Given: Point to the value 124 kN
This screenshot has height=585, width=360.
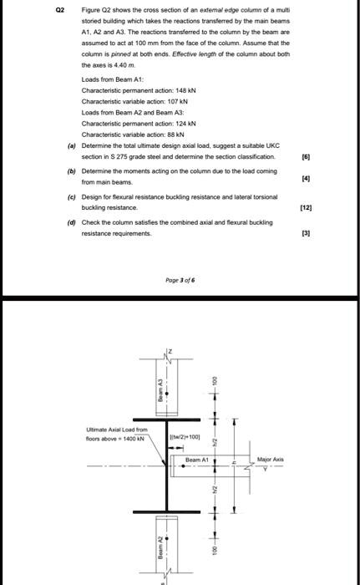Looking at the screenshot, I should (185, 123).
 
